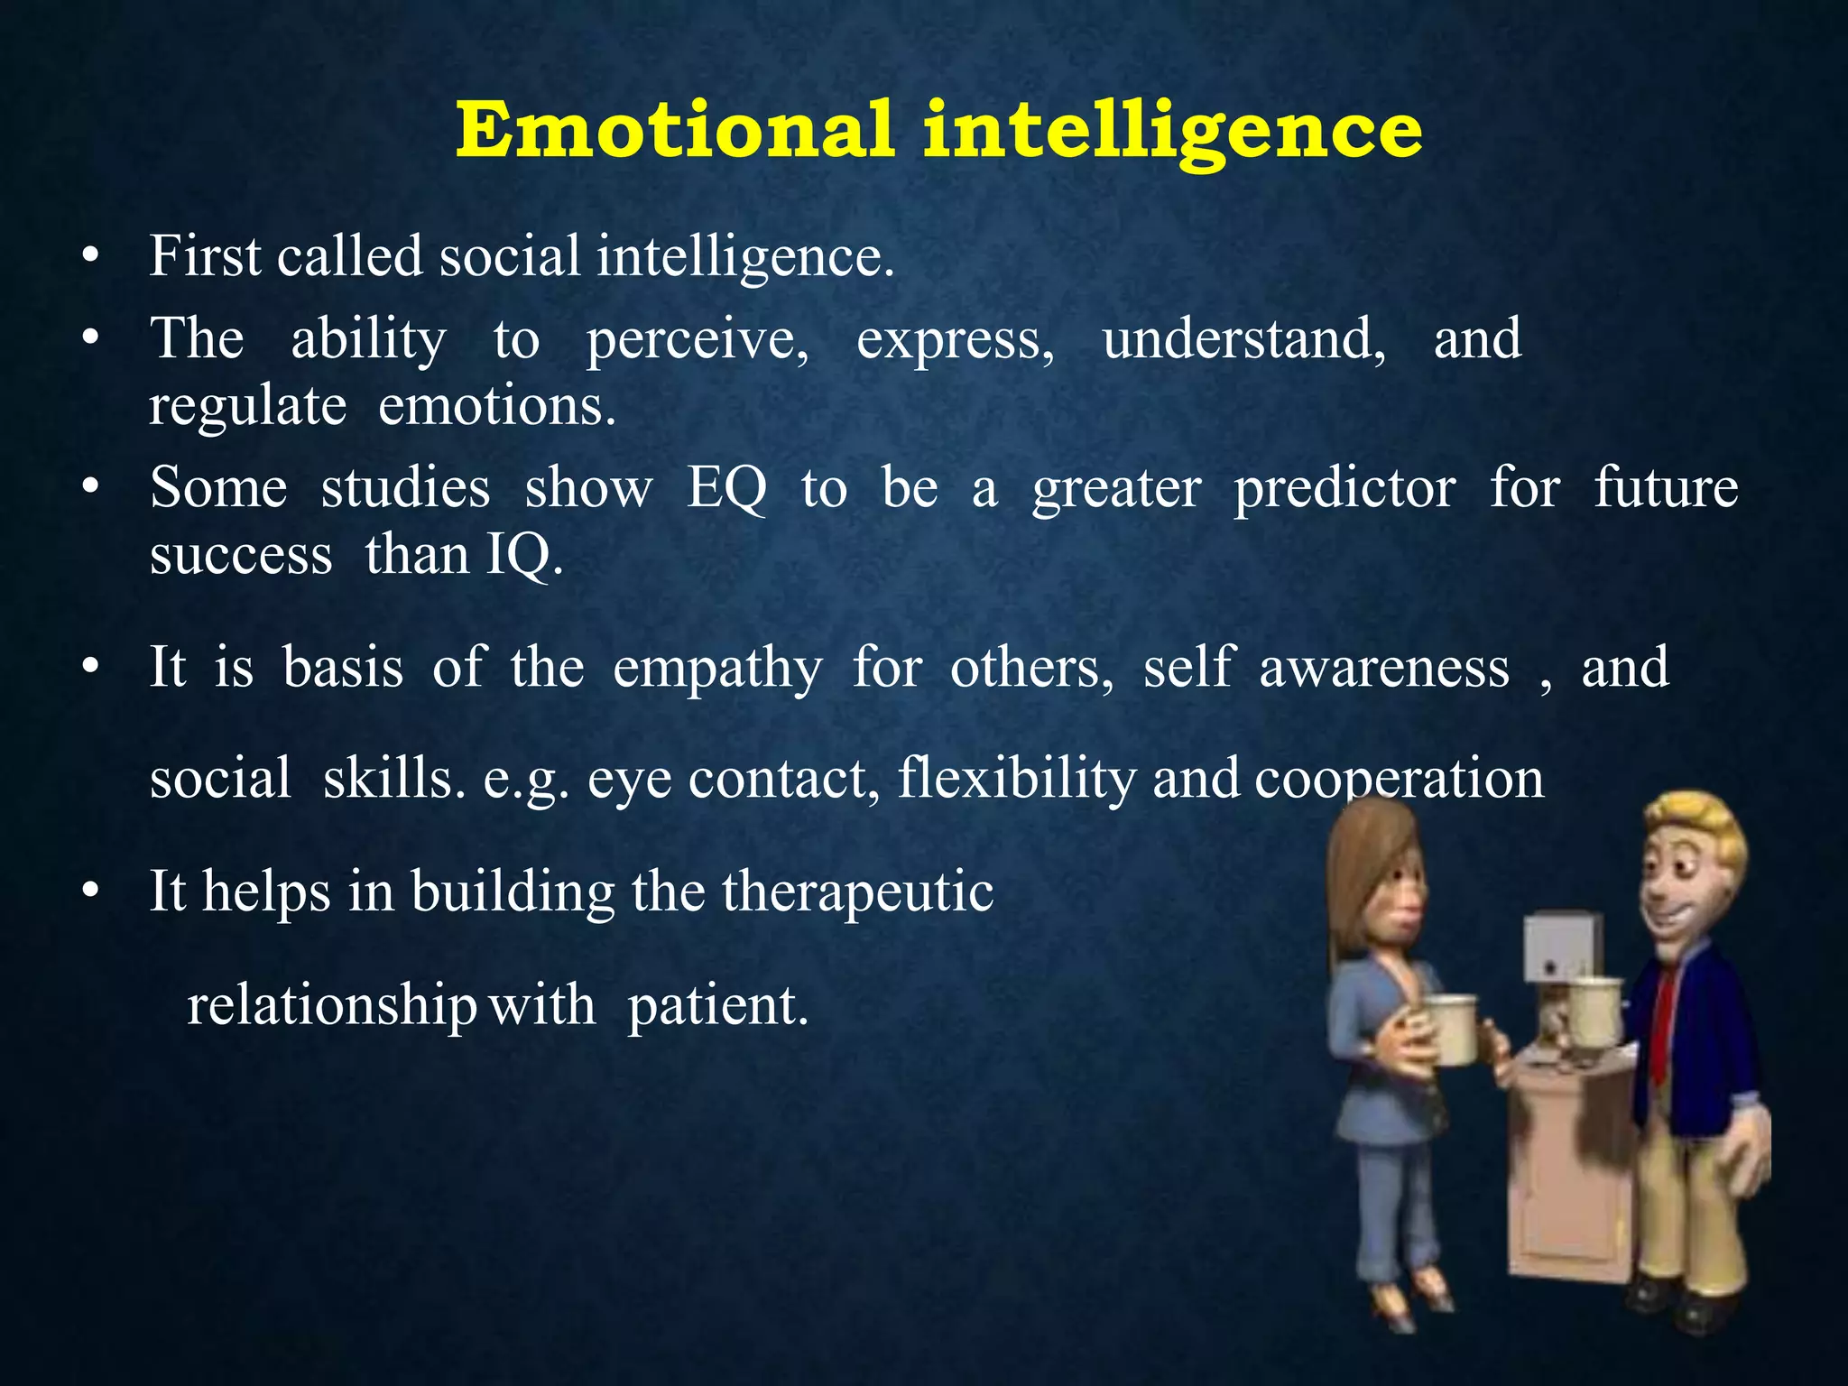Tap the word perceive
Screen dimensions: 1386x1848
point(698,341)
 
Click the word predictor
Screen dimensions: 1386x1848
point(1344,490)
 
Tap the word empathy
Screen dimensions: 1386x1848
point(717,670)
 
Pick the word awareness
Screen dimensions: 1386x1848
point(1383,669)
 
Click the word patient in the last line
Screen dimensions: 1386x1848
point(716,1006)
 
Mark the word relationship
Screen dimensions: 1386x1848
point(331,1006)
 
